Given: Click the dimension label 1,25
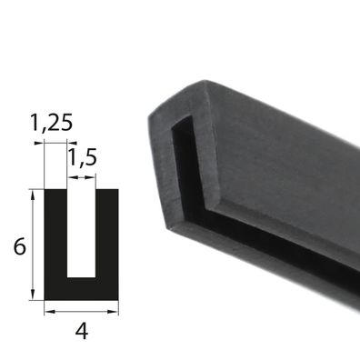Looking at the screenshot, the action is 52,123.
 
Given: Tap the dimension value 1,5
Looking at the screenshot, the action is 83,158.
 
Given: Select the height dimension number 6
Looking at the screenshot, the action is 20,246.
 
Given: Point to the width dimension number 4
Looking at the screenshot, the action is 82,331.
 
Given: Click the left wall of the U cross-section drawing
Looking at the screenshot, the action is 55,234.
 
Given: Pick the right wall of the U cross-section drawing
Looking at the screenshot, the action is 107,234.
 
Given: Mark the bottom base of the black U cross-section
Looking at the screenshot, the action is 82,289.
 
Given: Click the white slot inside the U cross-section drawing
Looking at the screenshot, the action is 82,234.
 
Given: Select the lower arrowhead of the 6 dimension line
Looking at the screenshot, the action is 33,295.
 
